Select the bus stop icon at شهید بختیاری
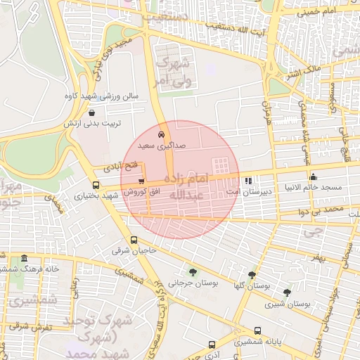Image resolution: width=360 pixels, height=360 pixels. pyautogui.click(x=96, y=186)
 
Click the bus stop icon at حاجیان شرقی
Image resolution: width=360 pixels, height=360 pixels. pyautogui.click(x=134, y=240)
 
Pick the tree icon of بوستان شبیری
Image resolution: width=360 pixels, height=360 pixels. pyautogui.click(x=287, y=292)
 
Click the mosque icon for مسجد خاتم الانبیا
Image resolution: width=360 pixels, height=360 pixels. pyautogui.click(x=313, y=177)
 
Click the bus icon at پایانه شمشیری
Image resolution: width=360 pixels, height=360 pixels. pyautogui.click(x=257, y=331)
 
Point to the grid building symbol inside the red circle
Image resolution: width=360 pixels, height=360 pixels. pyautogui.click(x=221, y=166)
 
